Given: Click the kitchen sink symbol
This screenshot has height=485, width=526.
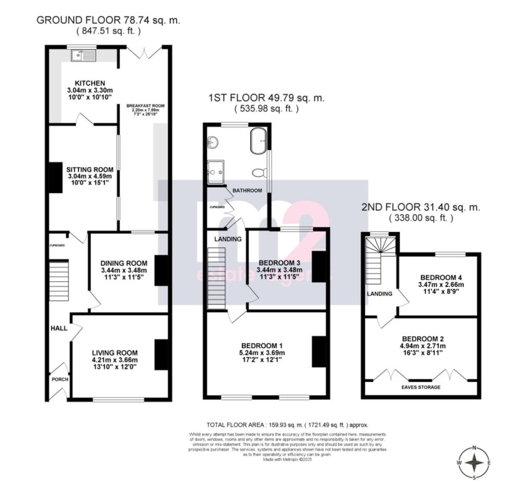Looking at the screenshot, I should coord(82,53).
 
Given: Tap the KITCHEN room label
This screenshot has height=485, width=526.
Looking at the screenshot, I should coord(90,83).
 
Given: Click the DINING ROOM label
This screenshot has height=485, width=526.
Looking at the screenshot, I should coord(124,263).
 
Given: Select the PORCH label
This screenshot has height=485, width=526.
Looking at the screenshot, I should coord(59,379).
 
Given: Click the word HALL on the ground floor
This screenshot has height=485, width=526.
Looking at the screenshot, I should coord(59,328).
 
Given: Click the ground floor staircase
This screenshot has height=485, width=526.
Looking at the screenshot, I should coord(59,281).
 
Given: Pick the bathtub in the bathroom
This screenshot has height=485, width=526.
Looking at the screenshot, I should coord(258,140).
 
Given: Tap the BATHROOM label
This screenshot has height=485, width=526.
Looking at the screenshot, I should coord(247,191).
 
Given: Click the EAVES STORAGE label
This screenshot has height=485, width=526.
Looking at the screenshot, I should coord(421,387).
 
